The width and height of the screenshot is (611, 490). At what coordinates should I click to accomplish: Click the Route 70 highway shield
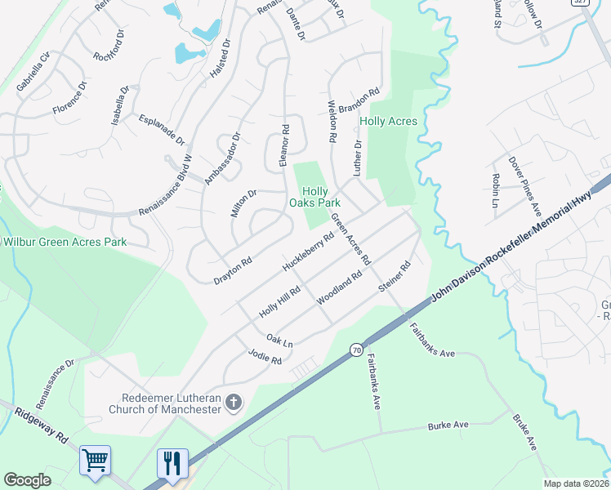coord(356,350)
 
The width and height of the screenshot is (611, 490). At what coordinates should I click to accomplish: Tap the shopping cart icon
coord(95,461)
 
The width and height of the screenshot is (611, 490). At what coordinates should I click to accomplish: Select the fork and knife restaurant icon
coord(172,463)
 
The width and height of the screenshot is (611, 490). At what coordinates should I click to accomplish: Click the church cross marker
coord(234,401)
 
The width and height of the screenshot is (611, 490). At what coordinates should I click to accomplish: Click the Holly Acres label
coord(388,122)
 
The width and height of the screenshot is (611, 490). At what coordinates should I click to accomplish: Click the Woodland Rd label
coord(339,289)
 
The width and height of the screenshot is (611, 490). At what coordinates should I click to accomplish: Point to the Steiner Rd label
coord(394,277)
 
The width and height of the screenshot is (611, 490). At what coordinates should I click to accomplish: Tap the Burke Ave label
coord(448,425)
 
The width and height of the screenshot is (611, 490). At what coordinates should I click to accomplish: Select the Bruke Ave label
coord(524,433)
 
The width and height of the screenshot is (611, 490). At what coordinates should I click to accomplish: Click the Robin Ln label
coord(495,190)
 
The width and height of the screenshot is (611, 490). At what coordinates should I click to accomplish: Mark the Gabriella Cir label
coord(33,70)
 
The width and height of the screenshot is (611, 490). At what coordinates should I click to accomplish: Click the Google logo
coord(27,480)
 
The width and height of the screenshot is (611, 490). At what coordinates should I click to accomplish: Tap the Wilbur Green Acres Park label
coord(65,242)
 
